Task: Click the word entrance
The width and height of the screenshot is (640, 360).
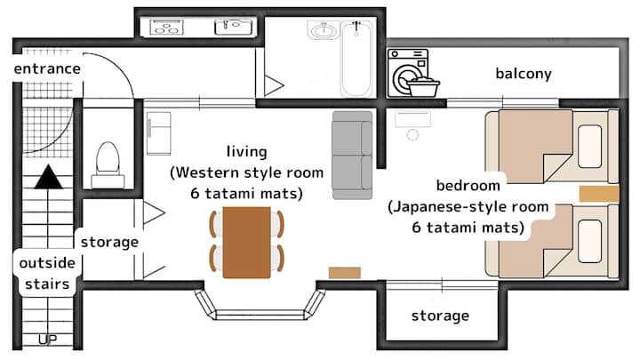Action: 47,68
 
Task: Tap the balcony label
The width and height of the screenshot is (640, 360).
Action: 524,74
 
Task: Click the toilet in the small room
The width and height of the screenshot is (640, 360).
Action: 108,164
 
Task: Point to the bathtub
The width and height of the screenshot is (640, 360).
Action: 356,59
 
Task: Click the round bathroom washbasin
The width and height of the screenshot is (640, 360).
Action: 324,30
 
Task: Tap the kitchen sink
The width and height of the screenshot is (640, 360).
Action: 234,28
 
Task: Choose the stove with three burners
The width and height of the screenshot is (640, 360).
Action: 166,28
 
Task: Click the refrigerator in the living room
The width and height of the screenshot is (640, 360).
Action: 159,133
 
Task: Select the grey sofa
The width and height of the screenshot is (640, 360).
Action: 352,155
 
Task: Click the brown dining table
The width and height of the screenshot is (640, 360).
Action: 246,243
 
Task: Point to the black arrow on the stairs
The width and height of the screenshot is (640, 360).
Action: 49,177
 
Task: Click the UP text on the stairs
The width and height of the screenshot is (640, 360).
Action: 47,340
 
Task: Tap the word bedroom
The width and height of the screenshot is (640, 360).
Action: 468,186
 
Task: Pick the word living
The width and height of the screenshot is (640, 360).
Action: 246,152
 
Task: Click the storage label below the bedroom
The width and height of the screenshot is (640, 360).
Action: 440,316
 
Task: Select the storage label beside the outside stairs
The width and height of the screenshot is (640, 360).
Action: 109,242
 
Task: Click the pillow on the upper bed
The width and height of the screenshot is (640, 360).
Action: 590,147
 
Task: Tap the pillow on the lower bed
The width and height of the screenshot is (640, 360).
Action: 590,241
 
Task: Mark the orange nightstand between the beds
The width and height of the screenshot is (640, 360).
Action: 599,194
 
